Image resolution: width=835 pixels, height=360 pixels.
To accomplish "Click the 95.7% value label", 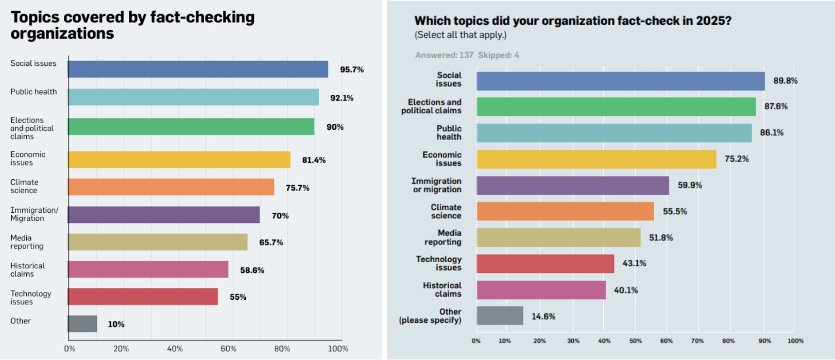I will (352, 70).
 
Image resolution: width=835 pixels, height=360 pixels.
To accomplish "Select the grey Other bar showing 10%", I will (82, 324).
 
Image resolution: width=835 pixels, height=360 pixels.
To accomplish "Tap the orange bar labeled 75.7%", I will (171, 187).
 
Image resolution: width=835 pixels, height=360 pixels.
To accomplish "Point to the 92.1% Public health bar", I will (193, 97).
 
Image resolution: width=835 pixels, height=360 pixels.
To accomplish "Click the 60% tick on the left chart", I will (228, 349).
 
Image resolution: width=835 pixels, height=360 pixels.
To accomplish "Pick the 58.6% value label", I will (252, 270).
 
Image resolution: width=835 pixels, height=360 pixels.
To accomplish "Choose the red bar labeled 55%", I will (143, 297).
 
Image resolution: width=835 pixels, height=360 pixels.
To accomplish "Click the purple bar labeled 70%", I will (164, 215).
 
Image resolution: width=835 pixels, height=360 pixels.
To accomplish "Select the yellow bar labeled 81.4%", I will (179, 160).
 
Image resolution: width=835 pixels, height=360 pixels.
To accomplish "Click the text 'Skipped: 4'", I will (498, 55).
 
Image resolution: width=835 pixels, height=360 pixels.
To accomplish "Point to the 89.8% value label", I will (785, 81).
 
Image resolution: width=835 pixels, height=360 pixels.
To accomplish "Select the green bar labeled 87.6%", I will (616, 107).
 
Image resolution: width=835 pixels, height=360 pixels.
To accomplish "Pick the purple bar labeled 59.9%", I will (573, 185).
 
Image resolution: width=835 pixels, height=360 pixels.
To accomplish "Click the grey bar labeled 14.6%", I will (500, 316).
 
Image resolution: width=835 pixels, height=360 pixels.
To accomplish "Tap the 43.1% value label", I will (634, 263).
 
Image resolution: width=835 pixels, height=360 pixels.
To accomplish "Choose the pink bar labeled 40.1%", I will (541, 290).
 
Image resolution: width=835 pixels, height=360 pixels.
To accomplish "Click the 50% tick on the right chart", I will (636, 341).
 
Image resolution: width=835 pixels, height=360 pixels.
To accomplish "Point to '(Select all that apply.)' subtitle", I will (461, 35).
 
